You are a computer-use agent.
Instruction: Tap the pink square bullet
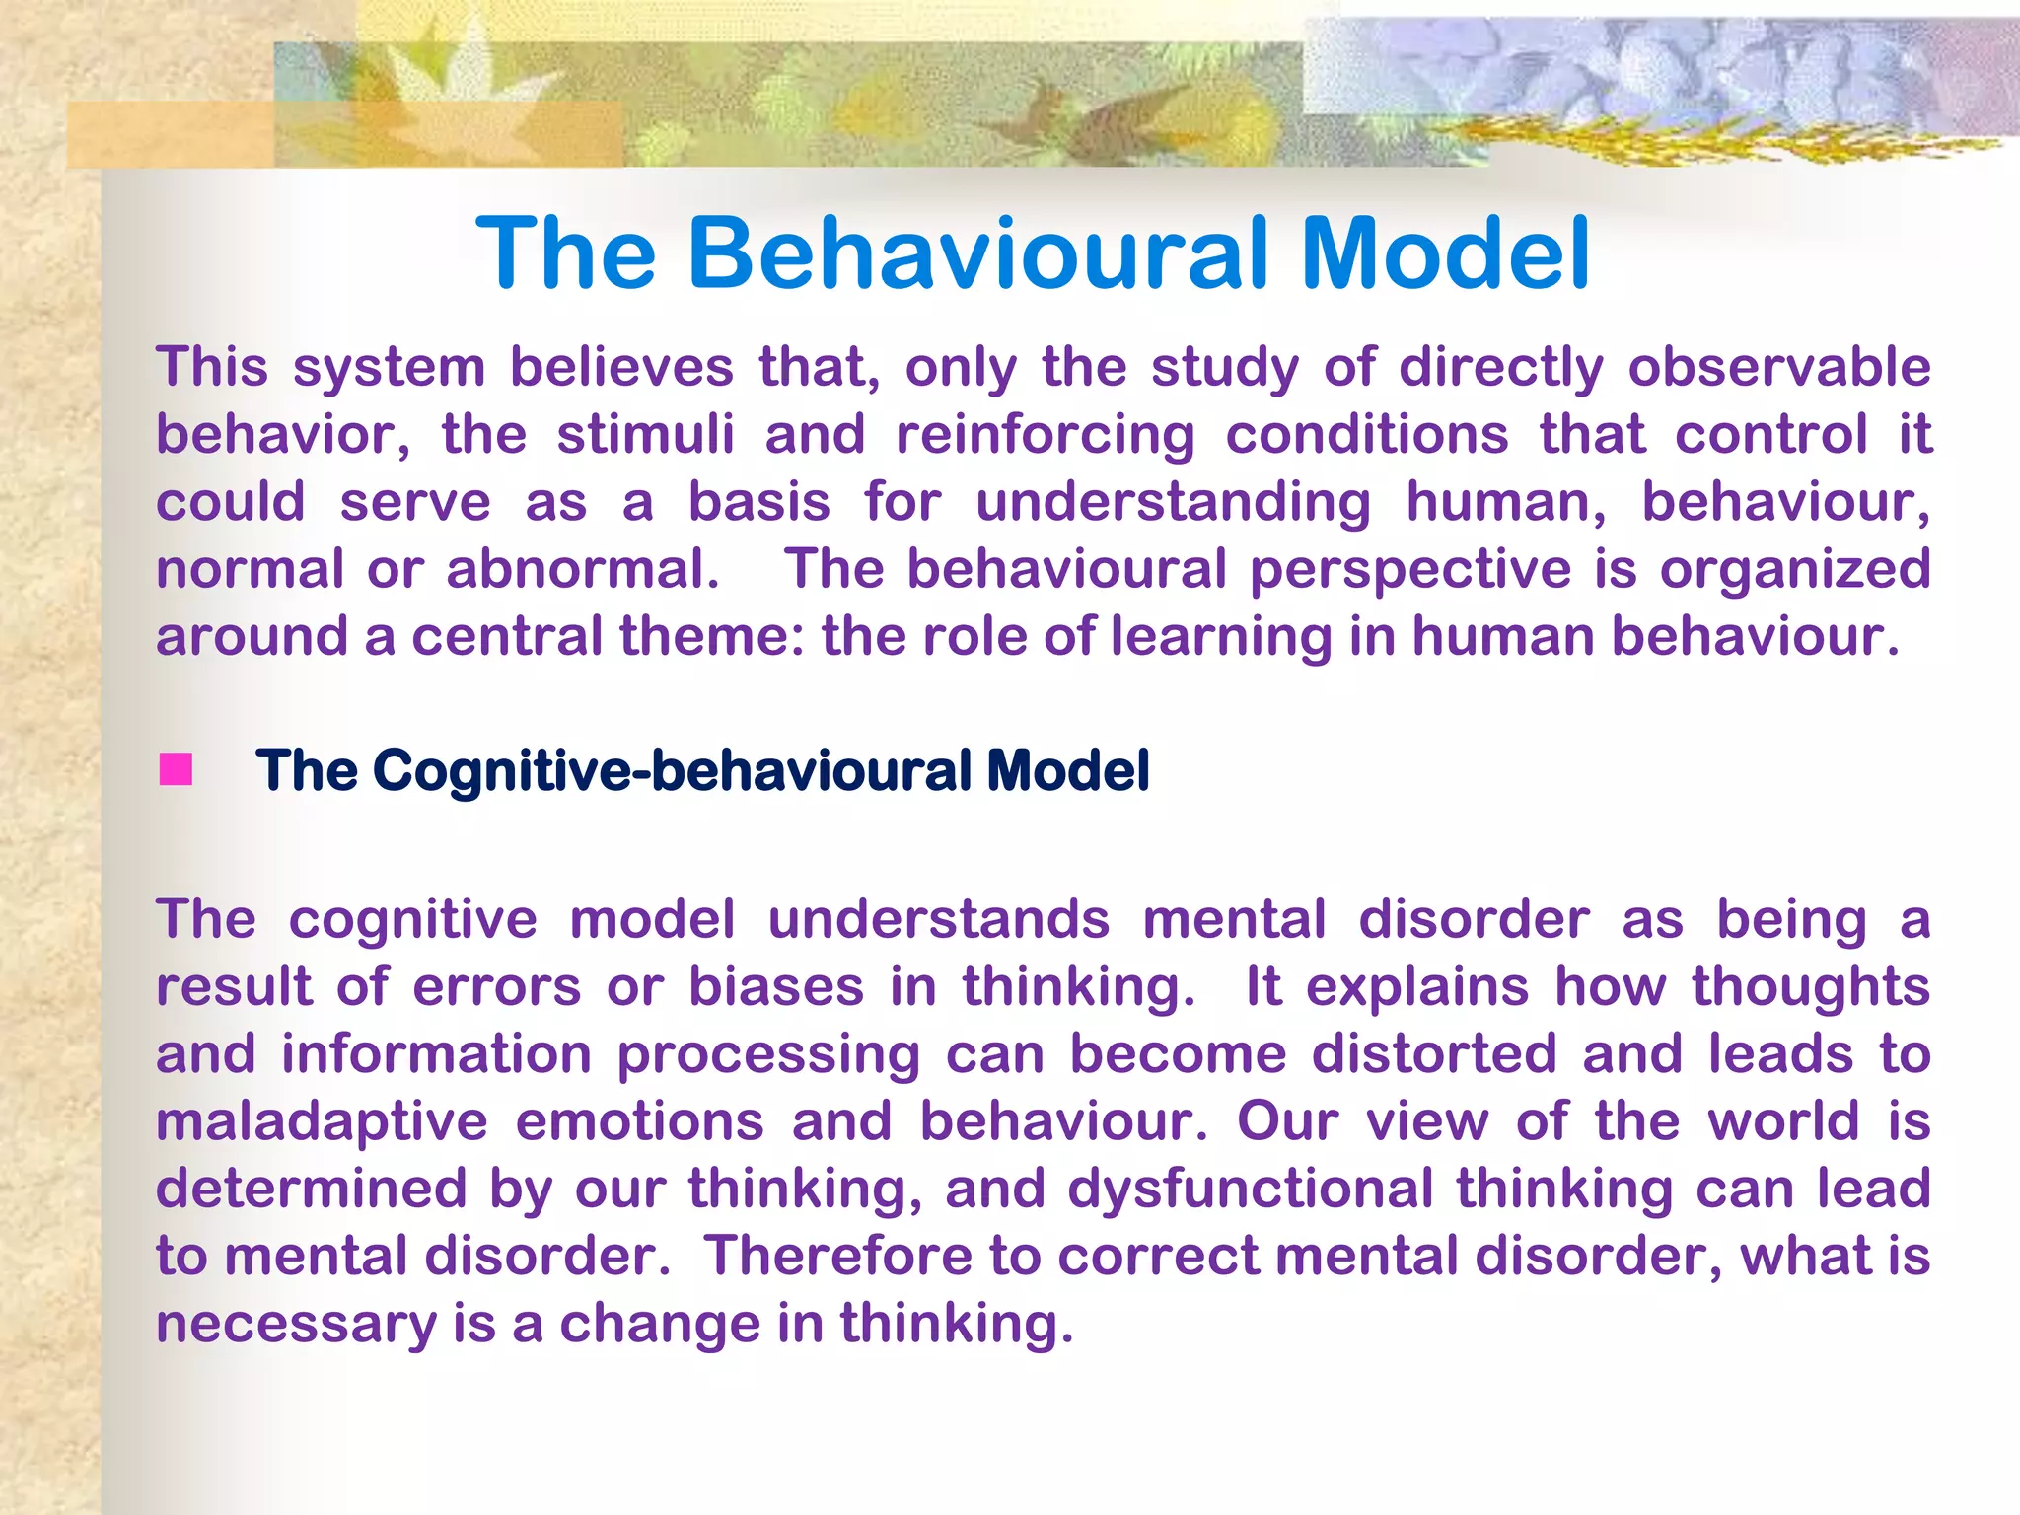[x=176, y=769]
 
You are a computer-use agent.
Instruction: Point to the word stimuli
[x=646, y=435]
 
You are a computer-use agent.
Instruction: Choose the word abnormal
[x=582, y=570]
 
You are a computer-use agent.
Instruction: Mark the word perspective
[x=1409, y=571]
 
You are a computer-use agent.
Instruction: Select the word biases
[x=776, y=987]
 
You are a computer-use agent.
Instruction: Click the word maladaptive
[x=322, y=1122]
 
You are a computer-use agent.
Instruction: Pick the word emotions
[x=639, y=1121]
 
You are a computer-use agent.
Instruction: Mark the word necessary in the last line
[x=296, y=1325]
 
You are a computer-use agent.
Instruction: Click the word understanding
[x=1173, y=503]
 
